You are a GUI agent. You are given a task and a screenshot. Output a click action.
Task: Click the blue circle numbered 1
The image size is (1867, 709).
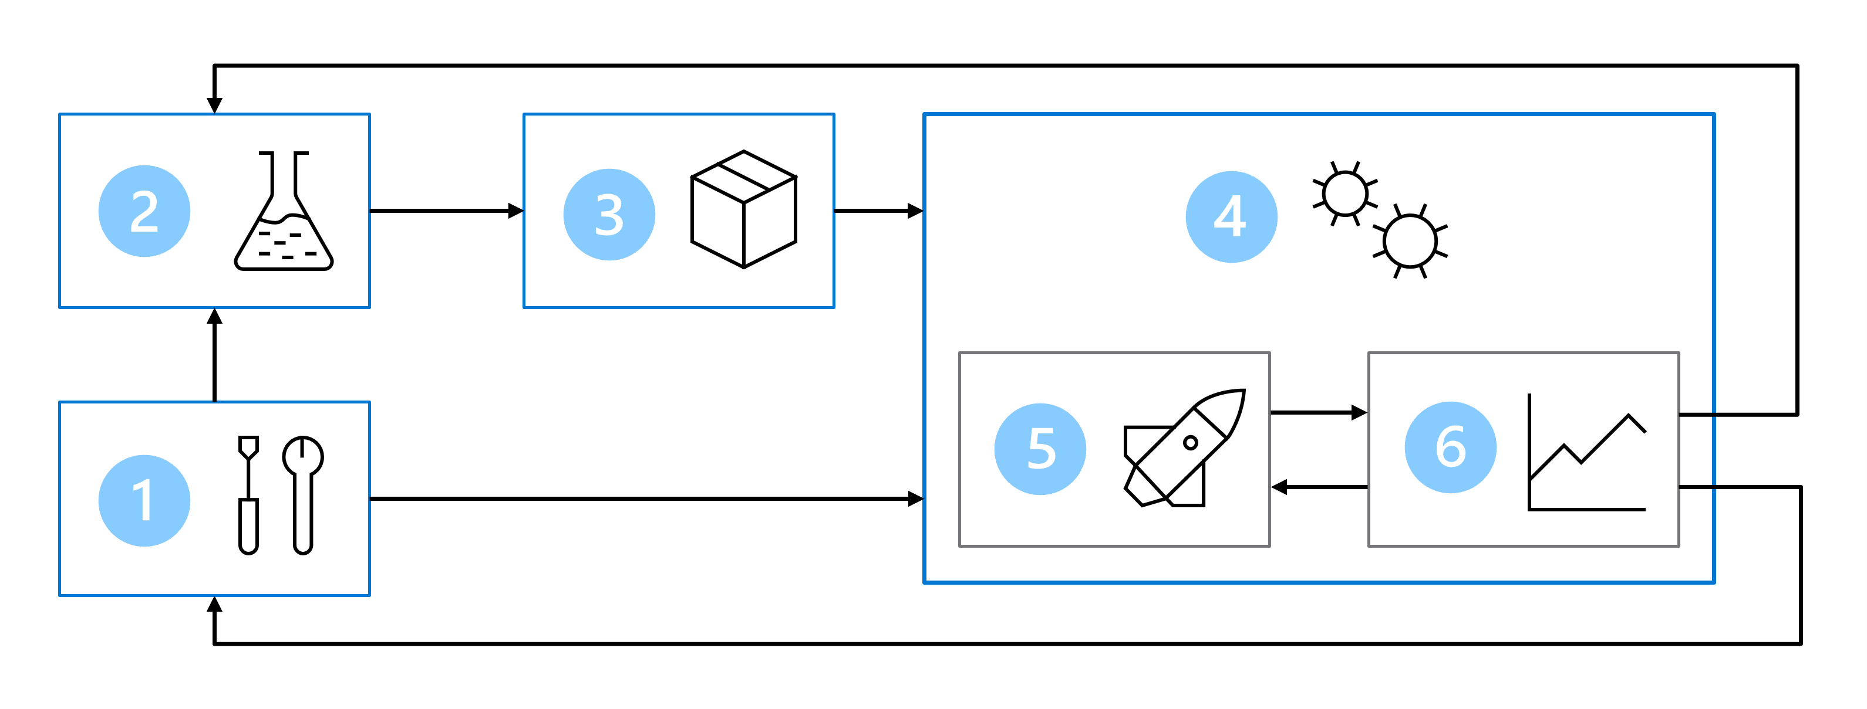[144, 500]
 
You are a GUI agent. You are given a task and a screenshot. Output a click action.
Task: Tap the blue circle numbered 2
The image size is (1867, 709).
[144, 211]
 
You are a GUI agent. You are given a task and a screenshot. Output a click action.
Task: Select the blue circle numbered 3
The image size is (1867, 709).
[609, 215]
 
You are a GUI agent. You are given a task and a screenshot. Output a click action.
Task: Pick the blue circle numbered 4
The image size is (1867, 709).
[1231, 216]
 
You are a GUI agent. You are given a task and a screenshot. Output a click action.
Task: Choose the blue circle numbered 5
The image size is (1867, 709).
[1040, 449]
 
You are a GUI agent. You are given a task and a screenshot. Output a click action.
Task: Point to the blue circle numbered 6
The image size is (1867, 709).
[1450, 447]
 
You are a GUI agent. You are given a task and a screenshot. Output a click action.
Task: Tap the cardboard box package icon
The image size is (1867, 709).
[744, 209]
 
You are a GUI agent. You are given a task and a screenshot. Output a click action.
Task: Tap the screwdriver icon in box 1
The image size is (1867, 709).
[248, 494]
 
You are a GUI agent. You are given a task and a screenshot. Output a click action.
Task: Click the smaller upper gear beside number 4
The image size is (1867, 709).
[1345, 194]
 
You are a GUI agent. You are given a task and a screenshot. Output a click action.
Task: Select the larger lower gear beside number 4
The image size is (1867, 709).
[1410, 241]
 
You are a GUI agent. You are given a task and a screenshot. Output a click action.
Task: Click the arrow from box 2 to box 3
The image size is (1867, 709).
[446, 211]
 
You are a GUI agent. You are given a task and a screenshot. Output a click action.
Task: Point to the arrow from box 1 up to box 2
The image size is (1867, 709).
[214, 355]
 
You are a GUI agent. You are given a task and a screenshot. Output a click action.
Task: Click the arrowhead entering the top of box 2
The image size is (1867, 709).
[214, 105]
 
